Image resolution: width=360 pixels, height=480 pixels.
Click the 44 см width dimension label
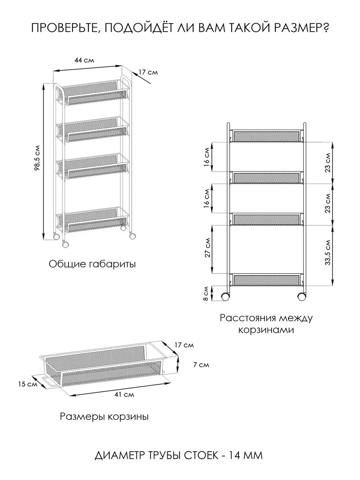84,60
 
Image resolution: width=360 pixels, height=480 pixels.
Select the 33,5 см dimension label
328,252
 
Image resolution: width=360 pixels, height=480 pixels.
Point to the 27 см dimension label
207,249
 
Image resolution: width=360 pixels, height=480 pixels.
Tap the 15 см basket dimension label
27,384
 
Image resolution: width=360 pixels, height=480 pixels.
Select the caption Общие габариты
92,264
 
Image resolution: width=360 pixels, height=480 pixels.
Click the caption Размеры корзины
104,417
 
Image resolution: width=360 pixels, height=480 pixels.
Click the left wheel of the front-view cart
225,297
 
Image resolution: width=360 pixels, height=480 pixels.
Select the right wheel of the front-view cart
302,297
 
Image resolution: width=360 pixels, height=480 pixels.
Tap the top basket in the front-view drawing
266,136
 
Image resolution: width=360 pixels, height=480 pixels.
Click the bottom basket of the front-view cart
266,280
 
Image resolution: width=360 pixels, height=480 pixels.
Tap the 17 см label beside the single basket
184,345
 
